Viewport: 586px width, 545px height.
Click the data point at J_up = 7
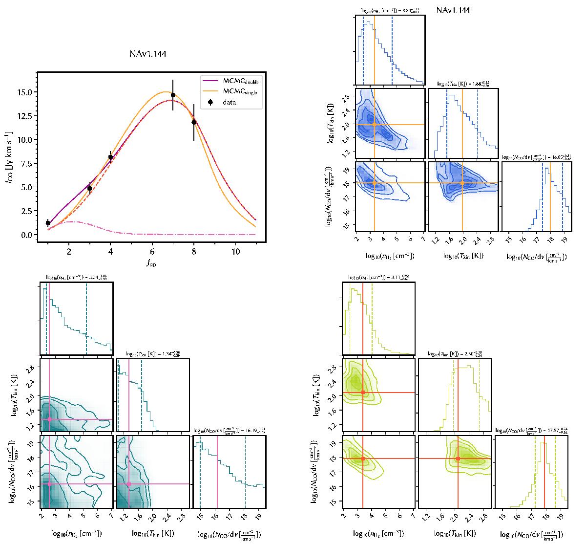click(173, 95)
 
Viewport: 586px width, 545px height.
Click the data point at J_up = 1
click(48, 223)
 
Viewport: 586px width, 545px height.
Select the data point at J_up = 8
click(194, 122)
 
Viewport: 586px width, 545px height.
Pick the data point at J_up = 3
click(89, 188)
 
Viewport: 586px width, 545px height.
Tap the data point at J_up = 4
click(110, 157)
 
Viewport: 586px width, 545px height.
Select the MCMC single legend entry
click(233, 92)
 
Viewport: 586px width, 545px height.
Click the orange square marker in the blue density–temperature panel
click(375, 124)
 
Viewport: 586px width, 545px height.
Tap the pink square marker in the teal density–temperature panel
click(49, 419)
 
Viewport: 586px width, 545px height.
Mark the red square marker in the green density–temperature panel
click(363, 392)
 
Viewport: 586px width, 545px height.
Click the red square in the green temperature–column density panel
click(458, 459)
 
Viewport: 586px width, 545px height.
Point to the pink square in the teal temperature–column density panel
click(129, 484)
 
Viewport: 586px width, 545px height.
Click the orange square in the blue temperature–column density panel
click(462, 183)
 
